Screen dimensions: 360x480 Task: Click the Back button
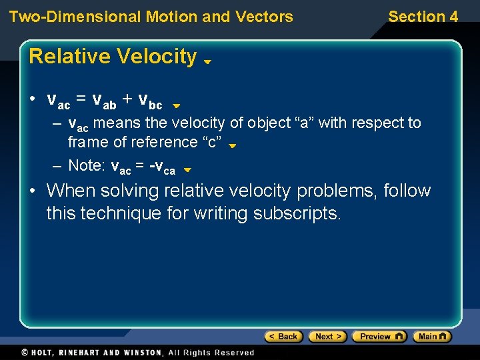[x=283, y=337]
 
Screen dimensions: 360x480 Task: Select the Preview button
[x=379, y=337]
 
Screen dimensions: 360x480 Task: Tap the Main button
[x=431, y=337]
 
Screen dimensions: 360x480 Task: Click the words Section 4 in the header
[x=423, y=17]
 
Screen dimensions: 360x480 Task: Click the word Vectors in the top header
[x=264, y=17]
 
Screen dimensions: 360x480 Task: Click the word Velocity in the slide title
[x=156, y=57]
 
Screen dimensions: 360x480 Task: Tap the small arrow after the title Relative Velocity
[x=207, y=61]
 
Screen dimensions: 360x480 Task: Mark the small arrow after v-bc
[x=176, y=105]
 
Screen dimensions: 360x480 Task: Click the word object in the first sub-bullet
[x=269, y=123]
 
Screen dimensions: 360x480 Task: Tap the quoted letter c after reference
[x=215, y=143]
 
